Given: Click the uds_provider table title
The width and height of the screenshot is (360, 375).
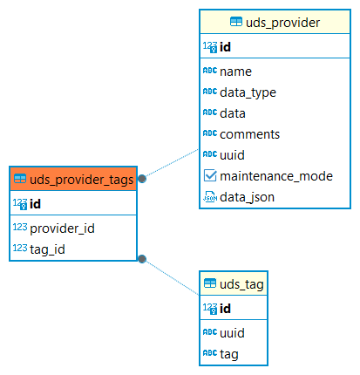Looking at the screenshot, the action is (x=282, y=23).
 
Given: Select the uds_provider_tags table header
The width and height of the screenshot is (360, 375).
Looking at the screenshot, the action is (x=73, y=179).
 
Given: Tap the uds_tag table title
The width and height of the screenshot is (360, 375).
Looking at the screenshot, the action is (x=241, y=284).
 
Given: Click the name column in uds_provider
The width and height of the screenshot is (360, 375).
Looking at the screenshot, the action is (x=235, y=72).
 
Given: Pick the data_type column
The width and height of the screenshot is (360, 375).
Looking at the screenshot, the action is (x=248, y=92).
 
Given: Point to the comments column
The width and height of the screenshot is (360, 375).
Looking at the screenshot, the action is (x=249, y=134).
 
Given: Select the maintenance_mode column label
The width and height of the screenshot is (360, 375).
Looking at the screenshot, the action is (x=276, y=176).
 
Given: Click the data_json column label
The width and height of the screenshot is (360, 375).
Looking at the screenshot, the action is (x=247, y=197).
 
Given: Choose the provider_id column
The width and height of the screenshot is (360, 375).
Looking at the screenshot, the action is (x=62, y=228).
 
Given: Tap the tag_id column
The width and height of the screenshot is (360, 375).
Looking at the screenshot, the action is (x=47, y=249).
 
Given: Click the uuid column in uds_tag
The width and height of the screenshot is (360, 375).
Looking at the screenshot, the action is (x=232, y=333).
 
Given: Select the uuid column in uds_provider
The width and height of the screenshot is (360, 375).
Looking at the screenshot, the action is (x=232, y=155).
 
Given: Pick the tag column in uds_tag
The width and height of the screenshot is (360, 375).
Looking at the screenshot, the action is (x=229, y=354).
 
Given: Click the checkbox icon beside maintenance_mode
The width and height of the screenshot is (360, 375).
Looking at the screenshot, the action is (x=210, y=176).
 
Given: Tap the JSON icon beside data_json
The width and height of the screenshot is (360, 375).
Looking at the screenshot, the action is (x=210, y=197).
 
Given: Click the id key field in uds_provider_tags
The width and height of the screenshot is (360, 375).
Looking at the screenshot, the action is (x=35, y=204).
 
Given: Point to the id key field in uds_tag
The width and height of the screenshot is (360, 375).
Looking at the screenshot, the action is (x=225, y=309).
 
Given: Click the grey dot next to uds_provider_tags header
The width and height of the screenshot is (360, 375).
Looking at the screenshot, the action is (x=142, y=179).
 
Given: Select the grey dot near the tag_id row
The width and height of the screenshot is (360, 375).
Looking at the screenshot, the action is (x=142, y=259).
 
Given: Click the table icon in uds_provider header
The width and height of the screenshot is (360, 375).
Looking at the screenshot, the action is (x=236, y=22).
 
